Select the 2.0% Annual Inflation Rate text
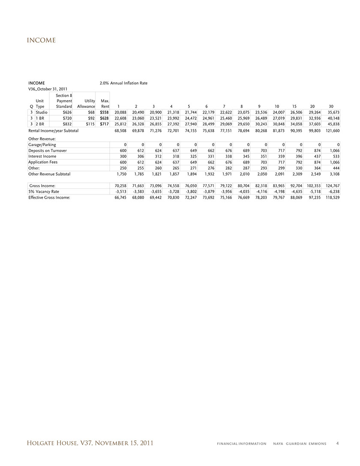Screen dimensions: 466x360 click(x=123, y=83)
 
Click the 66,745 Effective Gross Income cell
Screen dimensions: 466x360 click(x=117, y=198)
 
